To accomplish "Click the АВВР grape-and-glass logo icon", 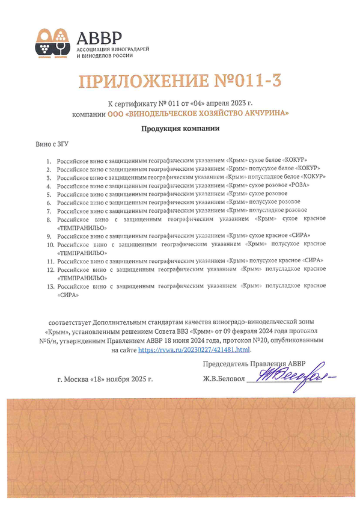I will (x=52, y=42).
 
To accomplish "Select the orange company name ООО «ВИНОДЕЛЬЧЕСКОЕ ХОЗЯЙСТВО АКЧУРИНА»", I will (x=198, y=113).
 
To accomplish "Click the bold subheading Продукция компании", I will (x=180, y=129).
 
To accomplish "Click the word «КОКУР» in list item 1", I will (x=299, y=161).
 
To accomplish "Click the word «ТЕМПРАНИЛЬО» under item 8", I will (x=82, y=228).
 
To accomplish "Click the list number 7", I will (x=50, y=211).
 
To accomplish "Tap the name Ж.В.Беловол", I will (x=225, y=379).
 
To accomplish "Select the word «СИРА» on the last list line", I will (x=67, y=296).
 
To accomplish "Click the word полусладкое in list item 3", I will (x=256, y=177).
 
